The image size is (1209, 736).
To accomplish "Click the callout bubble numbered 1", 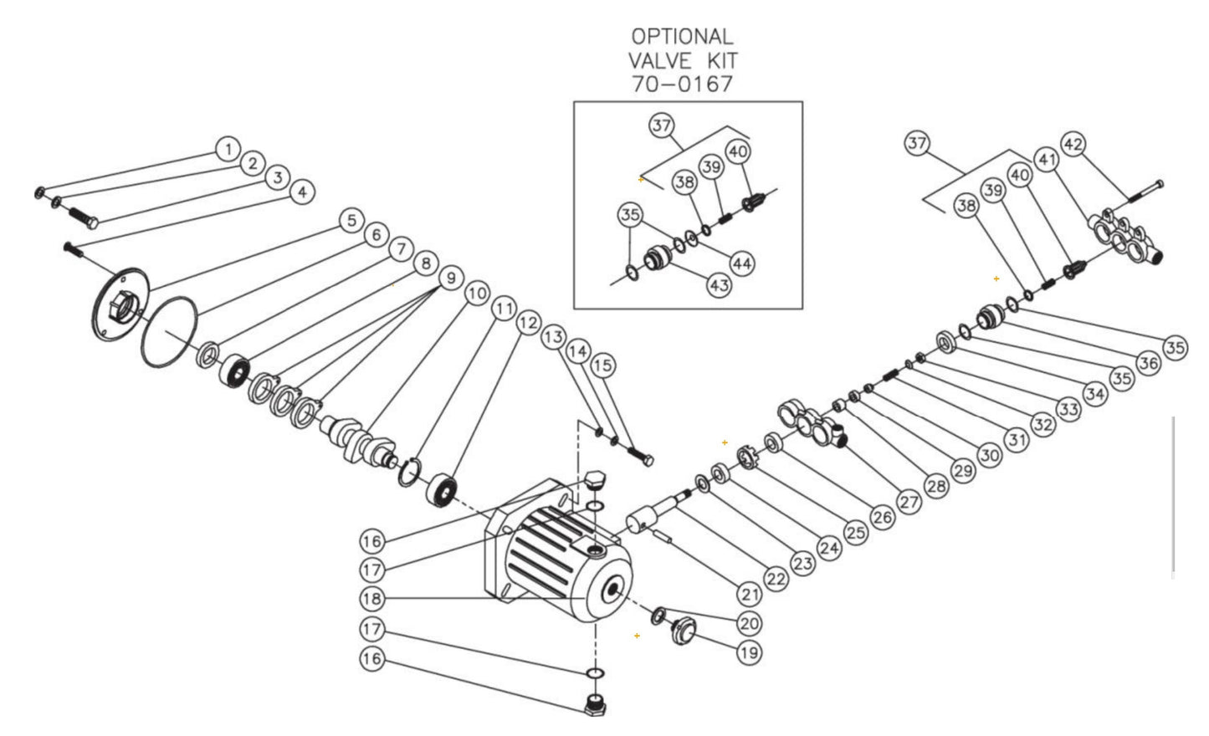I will (227, 149).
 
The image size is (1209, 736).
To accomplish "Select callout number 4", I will (302, 192).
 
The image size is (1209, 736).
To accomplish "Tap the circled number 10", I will (476, 294).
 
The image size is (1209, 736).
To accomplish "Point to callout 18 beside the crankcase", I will (372, 598).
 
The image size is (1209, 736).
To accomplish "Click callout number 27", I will (909, 502).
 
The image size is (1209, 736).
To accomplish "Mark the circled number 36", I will (1148, 363).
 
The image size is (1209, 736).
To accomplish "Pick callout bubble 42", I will (1073, 143).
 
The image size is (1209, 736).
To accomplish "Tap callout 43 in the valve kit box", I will (720, 284).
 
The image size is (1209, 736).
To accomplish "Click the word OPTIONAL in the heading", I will (682, 37).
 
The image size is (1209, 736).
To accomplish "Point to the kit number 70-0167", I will (682, 84).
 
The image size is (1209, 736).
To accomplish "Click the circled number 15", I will (602, 365).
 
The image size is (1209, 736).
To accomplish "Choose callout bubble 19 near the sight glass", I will (750, 652).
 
